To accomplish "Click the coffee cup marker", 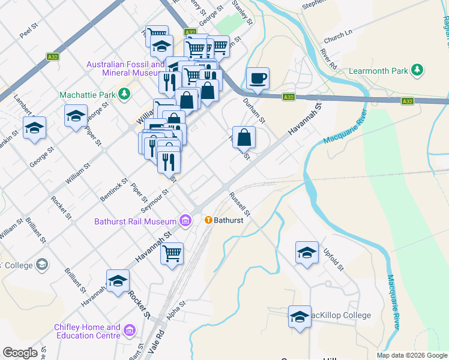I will pyautogui.click(x=258, y=78).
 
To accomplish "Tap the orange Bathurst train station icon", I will pyautogui.click(x=209, y=220).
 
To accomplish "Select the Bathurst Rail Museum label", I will pyautogui.click(x=136, y=221).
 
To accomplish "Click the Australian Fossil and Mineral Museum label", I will pyautogui.click(x=125, y=69).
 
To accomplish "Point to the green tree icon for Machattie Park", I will pyautogui.click(x=124, y=94).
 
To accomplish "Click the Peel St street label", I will pyautogui.click(x=29, y=34).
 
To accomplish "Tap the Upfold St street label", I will pyautogui.click(x=333, y=260).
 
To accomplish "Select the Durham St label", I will pyautogui.click(x=254, y=111).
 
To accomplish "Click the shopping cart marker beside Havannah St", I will pyautogui.click(x=172, y=254).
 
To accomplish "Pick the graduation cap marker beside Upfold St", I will pyautogui.click(x=307, y=253).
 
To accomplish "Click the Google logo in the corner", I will pyautogui.click(x=20, y=353).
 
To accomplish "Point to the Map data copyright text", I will pyautogui.click(x=412, y=355).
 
